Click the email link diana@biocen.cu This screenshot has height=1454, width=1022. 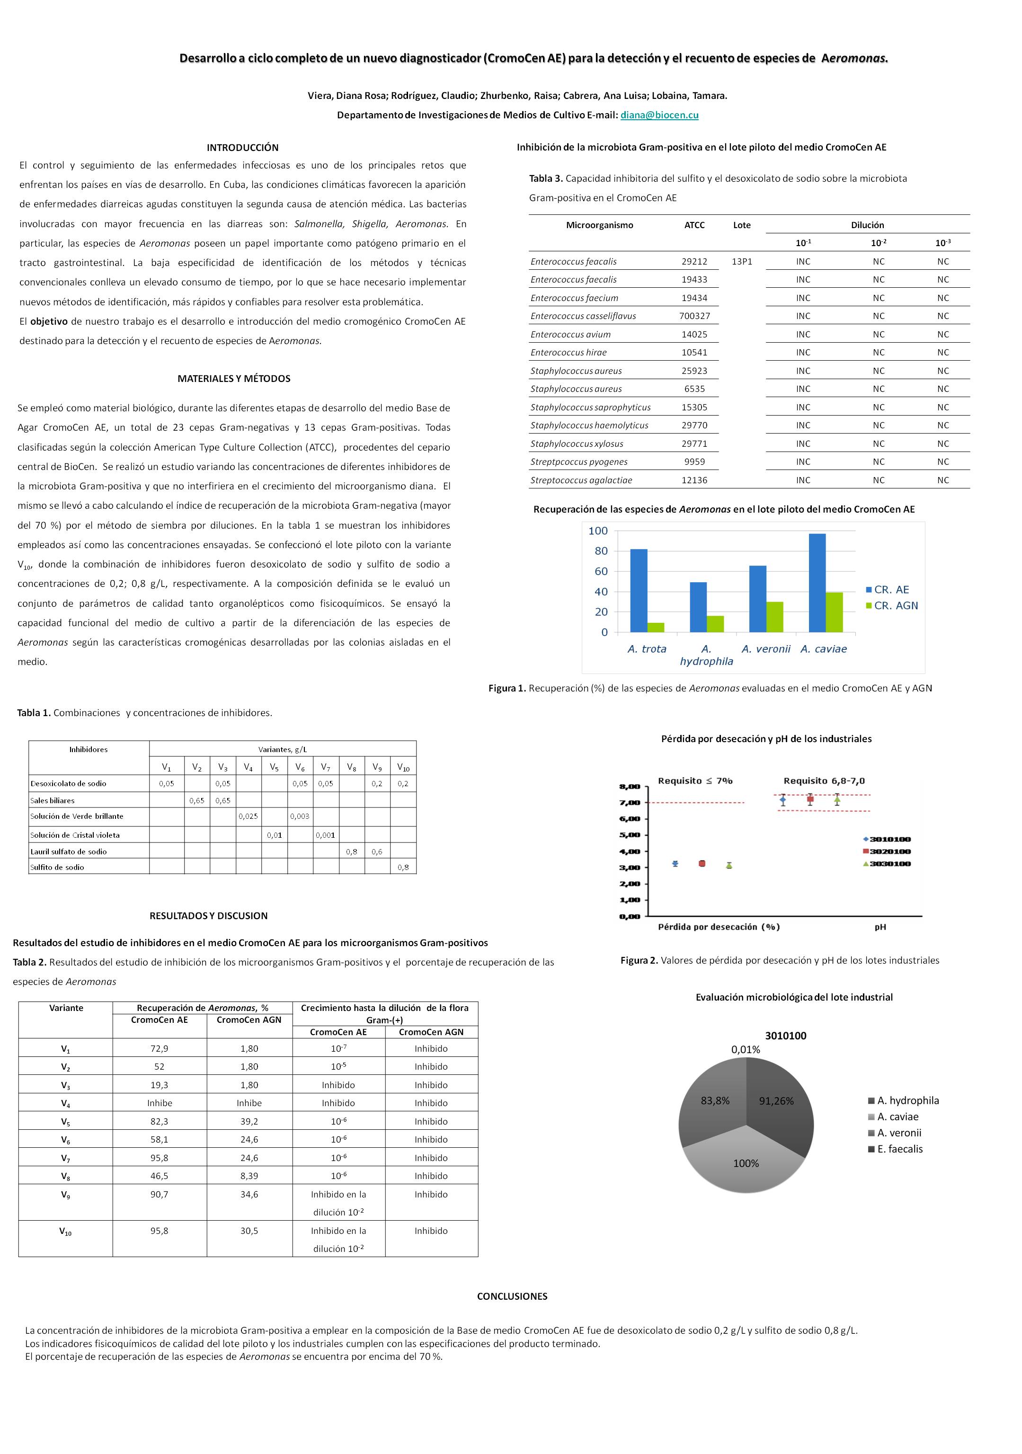[x=659, y=115]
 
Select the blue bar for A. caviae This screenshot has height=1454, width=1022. [x=817, y=583]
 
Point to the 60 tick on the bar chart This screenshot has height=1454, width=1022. [x=600, y=571]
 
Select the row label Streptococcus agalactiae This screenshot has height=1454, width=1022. [x=581, y=480]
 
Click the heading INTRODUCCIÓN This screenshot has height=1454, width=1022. [x=242, y=148]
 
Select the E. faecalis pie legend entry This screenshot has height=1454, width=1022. [x=899, y=1149]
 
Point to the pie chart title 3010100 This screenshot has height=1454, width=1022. [x=785, y=1036]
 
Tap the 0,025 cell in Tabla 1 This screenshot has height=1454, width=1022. [x=248, y=816]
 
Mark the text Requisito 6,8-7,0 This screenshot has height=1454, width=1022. [x=824, y=781]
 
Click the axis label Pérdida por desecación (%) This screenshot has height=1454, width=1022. [x=719, y=927]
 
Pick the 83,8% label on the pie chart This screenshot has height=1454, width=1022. [x=715, y=1100]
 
